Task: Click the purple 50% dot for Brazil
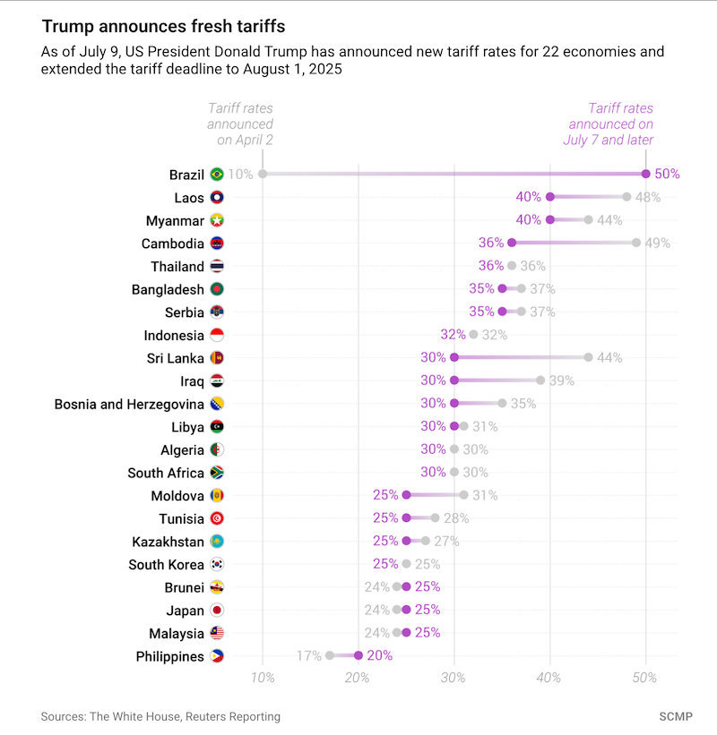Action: [646, 174]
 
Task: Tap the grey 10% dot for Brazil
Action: [263, 174]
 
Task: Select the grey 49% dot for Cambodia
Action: [636, 243]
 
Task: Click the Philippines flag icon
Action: [217, 656]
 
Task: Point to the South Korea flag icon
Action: [217, 564]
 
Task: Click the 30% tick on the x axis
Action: [454, 678]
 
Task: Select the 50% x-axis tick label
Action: [646, 678]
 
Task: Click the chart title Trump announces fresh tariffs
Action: [164, 28]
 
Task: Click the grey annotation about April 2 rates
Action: [241, 124]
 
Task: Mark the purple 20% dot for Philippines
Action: [358, 656]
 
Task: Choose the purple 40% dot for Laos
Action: [550, 197]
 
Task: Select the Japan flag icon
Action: [217, 611]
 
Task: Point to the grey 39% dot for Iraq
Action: [540, 380]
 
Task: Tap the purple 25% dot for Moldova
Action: [406, 495]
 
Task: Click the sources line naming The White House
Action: [160, 716]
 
